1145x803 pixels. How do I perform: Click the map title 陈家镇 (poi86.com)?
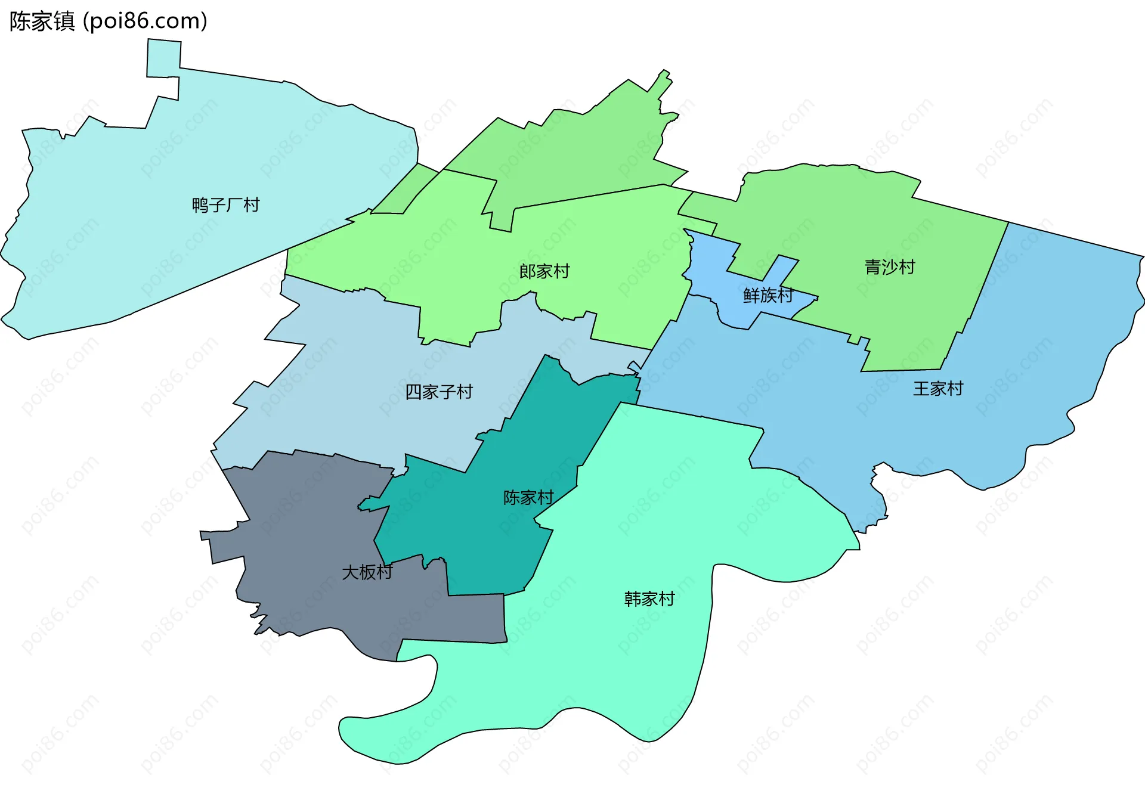coord(109,21)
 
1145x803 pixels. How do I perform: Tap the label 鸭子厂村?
coord(225,205)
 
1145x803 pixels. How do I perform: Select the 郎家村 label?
coord(544,272)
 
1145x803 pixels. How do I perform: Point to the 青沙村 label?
coord(889,267)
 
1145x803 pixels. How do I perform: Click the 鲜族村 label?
coord(768,295)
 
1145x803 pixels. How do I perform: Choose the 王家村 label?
coord(937,389)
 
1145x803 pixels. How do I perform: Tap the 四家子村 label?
coord(439,392)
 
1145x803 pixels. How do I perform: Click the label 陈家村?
coord(528,497)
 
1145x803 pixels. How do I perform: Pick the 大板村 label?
coord(367,572)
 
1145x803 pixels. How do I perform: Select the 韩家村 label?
coord(649,599)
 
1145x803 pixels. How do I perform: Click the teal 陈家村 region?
coord(477,525)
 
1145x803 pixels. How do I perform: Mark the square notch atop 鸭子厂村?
coord(163,58)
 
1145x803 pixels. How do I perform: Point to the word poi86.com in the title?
coord(146,21)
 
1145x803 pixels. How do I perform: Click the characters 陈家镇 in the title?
coord(42,21)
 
